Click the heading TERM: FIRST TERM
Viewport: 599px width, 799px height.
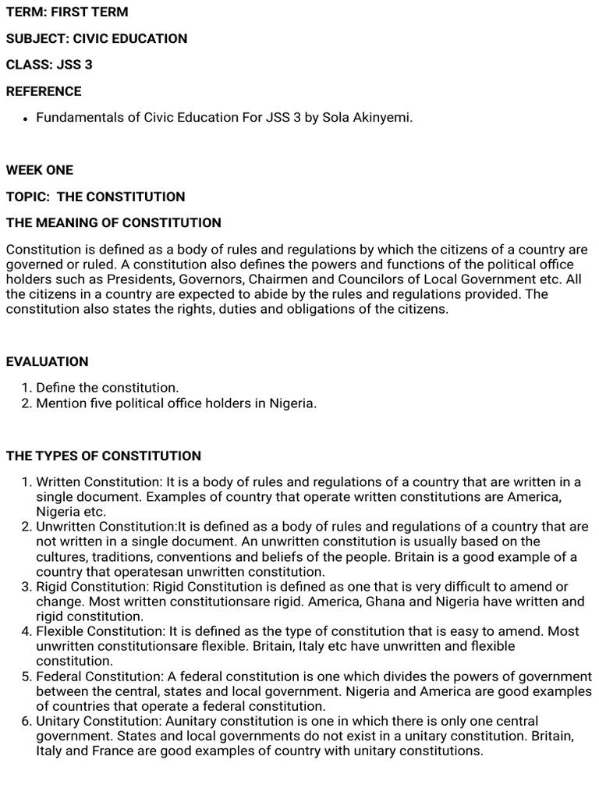67,12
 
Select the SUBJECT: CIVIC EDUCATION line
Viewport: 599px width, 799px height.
97,38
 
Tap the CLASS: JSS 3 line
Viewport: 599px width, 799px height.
49,65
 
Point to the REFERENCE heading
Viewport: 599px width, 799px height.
44,91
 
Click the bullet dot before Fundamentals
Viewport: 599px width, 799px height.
26,119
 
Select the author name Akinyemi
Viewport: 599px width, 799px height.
383,118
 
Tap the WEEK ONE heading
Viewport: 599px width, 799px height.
40,170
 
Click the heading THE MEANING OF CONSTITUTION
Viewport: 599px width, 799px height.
114,223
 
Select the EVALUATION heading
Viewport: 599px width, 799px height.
48,362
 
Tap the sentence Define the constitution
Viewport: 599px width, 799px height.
108,388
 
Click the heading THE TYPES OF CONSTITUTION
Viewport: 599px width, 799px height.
104,456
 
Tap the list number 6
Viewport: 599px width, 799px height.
26,721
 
